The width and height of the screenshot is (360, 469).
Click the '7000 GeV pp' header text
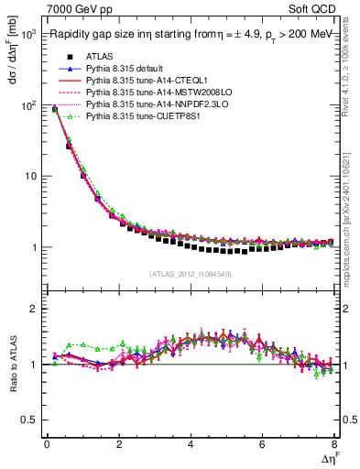(76, 8)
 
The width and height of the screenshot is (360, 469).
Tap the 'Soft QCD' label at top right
(312, 8)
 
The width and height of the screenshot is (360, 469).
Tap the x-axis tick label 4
(191, 444)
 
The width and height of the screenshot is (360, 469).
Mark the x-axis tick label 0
(47, 444)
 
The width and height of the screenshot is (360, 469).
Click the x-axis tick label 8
(334, 444)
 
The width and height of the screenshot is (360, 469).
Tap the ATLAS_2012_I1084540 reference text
(191, 274)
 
